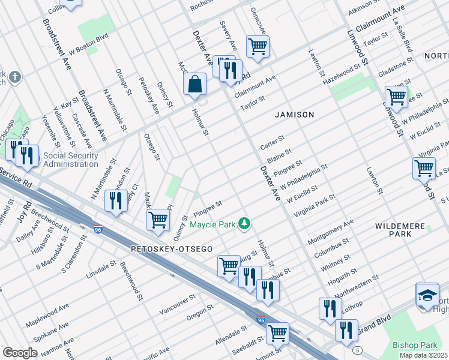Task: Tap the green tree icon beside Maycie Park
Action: pyautogui.click(x=244, y=224)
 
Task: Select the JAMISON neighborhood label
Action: pyautogui.click(x=295, y=114)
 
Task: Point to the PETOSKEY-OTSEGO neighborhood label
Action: pyautogui.click(x=170, y=248)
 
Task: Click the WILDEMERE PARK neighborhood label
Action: pyautogui.click(x=402, y=230)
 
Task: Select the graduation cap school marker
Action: pyautogui.click(x=427, y=295)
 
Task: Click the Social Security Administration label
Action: pyautogui.click(x=71, y=160)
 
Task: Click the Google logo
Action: pyautogui.click(x=20, y=352)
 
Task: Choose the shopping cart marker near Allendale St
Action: pyautogui.click(x=277, y=332)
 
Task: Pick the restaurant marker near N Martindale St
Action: pyautogui.click(x=116, y=201)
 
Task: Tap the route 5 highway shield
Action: pyautogui.click(x=358, y=350)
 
